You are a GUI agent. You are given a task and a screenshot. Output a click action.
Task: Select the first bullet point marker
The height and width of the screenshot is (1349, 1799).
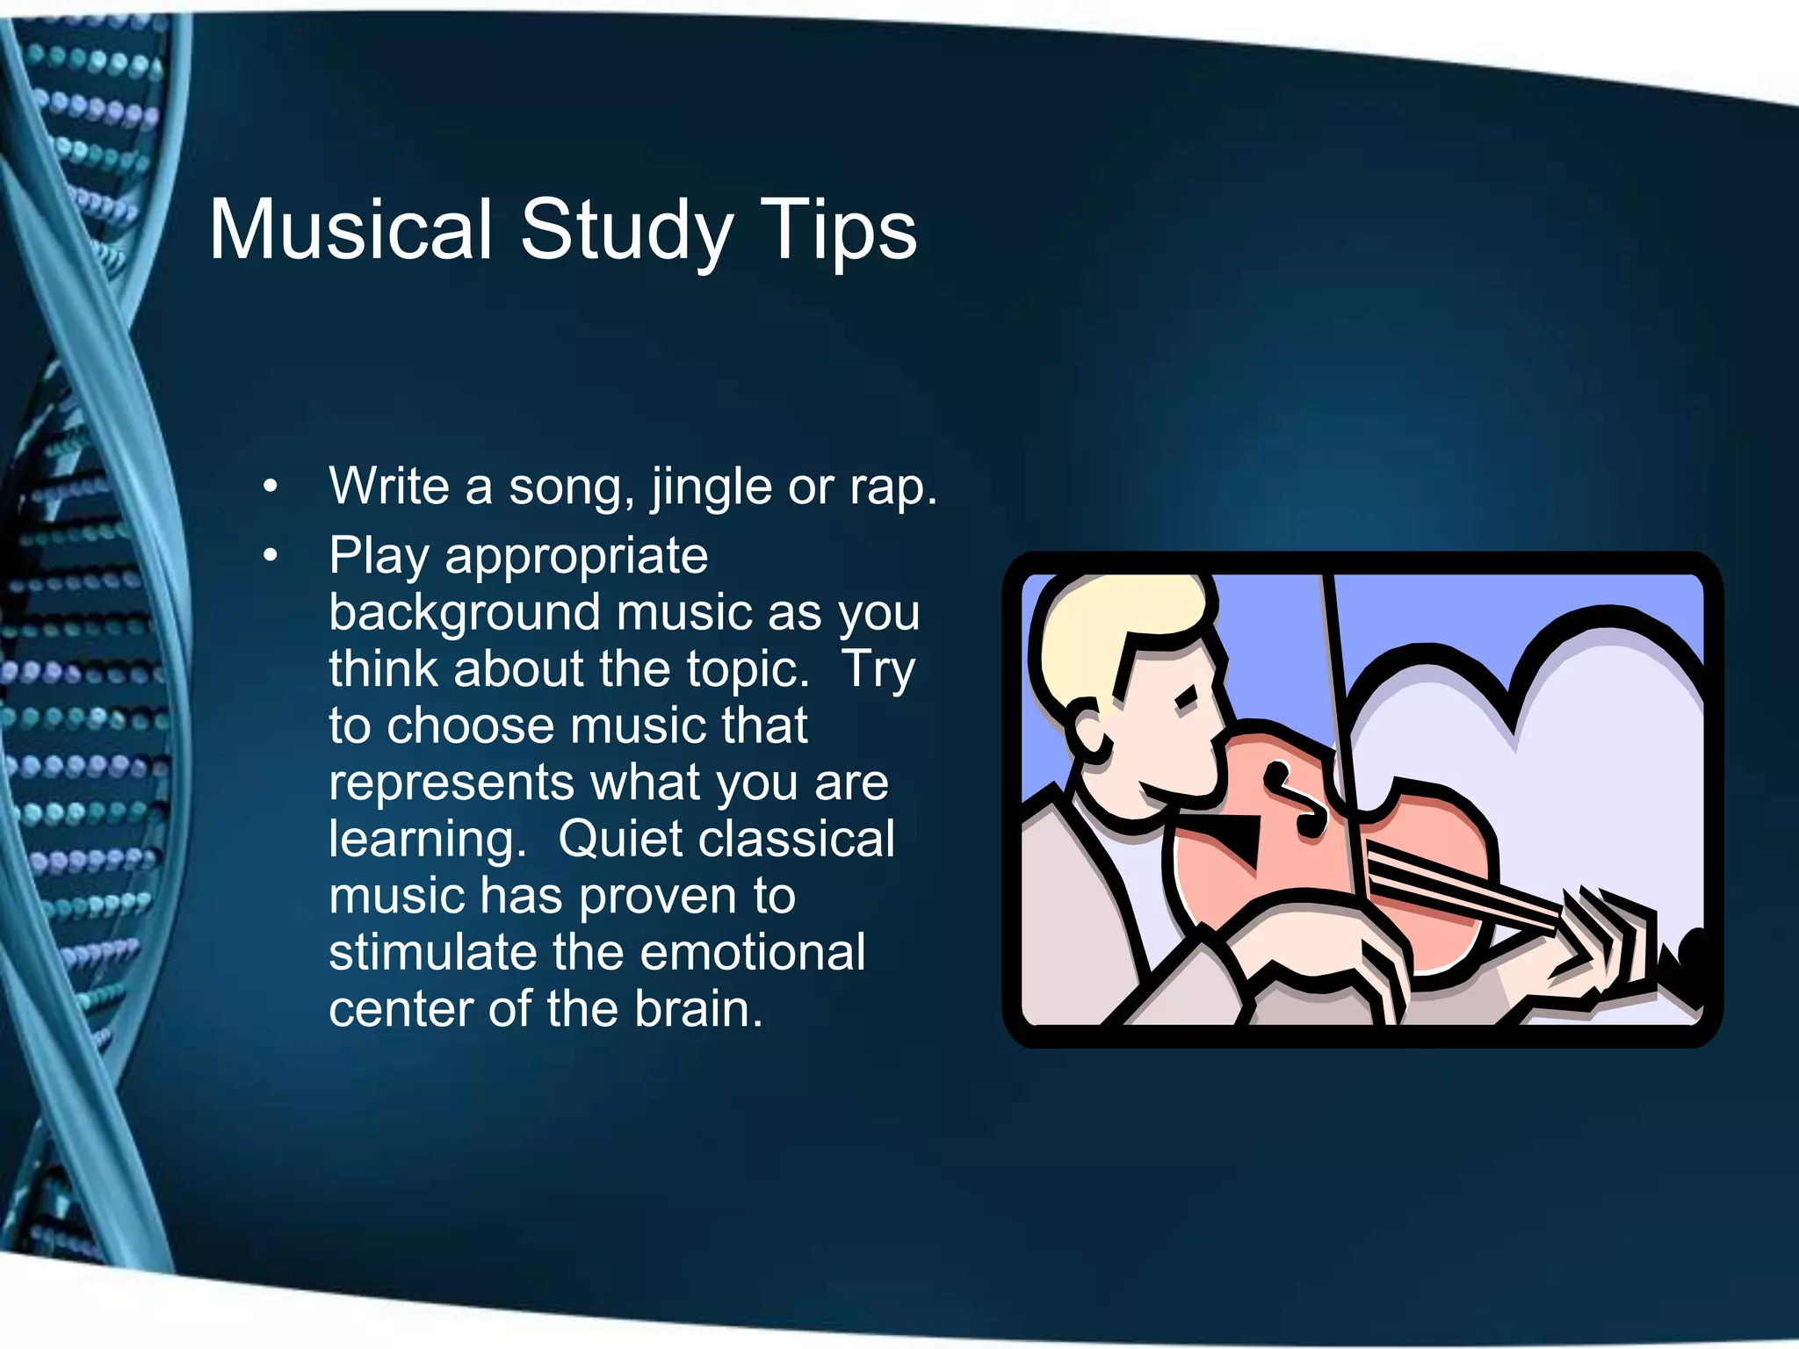click(x=271, y=487)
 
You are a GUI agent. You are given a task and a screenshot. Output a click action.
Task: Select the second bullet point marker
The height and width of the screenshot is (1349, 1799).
click(x=271, y=556)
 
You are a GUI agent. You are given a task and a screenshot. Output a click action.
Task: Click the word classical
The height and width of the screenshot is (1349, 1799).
click(x=807, y=839)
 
